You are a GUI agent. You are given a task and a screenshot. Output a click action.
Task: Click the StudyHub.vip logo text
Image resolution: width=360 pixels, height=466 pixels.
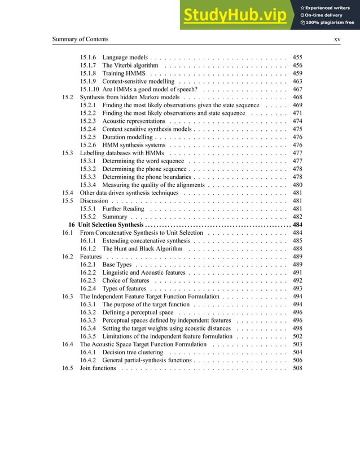236,15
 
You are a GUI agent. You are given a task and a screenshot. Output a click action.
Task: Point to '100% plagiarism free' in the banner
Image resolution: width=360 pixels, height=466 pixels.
330,23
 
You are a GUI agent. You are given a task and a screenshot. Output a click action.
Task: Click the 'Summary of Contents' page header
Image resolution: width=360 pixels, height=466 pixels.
80,39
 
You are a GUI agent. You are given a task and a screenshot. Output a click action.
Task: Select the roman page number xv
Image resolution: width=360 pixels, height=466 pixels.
337,39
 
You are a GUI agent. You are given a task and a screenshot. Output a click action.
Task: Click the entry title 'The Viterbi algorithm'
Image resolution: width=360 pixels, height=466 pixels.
130,65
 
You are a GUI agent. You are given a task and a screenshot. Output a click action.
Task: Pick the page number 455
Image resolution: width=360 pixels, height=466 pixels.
297,58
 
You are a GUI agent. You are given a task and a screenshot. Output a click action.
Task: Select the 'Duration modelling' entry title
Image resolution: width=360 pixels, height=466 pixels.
128,137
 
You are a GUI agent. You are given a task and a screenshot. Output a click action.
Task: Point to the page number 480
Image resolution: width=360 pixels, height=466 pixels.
297,185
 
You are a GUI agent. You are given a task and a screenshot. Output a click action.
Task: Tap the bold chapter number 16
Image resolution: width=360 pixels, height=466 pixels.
72,225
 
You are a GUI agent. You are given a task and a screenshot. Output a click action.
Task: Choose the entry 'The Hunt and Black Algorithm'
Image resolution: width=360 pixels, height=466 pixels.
142,248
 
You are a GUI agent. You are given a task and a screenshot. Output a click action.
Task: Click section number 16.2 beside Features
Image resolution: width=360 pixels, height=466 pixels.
68,257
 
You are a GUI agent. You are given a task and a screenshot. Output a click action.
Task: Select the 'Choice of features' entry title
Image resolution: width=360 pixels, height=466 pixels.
126,280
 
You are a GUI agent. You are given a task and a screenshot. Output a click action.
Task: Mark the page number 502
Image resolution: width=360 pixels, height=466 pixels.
297,336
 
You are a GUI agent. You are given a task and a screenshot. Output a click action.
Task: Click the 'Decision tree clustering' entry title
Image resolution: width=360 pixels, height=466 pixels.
133,352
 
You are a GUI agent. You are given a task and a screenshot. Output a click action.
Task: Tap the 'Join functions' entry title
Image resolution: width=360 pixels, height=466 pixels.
98,368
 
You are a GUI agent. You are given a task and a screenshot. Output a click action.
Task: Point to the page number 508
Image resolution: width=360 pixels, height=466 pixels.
297,368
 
